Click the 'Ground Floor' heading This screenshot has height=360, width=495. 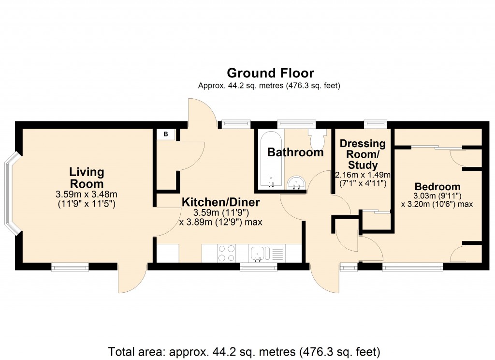[270, 73]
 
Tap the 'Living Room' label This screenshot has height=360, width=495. [87, 178]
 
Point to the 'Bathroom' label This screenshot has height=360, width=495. [295, 152]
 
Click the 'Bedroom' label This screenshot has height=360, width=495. [437, 187]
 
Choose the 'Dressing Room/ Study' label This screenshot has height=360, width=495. [363, 154]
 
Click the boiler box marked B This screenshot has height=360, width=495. [165, 134]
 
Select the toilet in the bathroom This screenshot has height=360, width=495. [317, 139]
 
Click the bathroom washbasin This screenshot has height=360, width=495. [295, 182]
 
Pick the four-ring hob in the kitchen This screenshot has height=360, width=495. [225, 253]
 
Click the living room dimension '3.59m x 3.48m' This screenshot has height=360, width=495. [87, 195]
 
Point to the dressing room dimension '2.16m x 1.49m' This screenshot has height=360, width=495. [363, 175]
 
